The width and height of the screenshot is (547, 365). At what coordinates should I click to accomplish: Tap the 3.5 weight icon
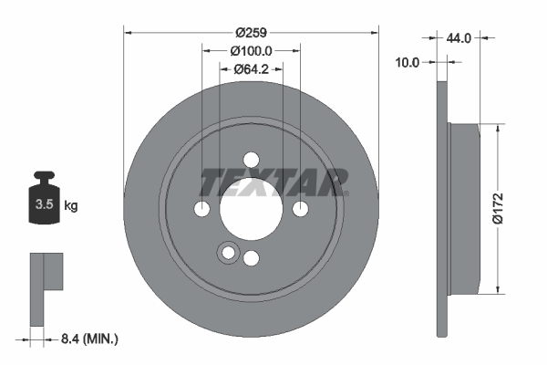(43, 202)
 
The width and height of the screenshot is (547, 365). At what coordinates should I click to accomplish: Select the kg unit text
(70, 206)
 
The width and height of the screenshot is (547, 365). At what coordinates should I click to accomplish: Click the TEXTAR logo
(273, 182)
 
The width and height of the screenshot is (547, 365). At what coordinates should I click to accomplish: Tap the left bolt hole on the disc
(202, 210)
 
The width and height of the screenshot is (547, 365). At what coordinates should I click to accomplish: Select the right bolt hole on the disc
(300, 210)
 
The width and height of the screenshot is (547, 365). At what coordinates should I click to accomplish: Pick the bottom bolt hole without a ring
(251, 258)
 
